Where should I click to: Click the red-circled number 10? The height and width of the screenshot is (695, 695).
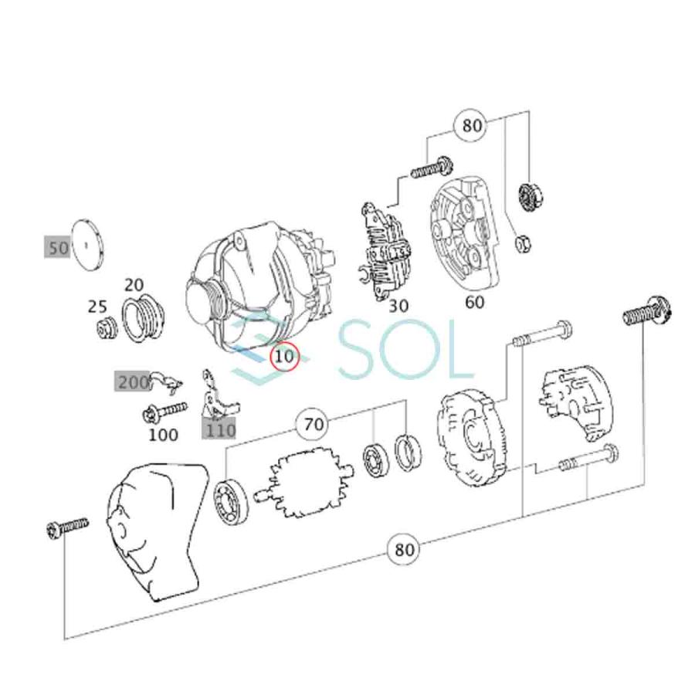point(285,356)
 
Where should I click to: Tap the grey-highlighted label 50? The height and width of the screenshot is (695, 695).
point(58,247)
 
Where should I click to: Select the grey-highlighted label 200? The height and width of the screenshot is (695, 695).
point(133,381)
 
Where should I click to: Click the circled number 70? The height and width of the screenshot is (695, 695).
point(313,423)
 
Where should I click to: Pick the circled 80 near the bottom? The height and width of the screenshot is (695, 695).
point(405,549)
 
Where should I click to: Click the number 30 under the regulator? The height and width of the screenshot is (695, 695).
point(398,306)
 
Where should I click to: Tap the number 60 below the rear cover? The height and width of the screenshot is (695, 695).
point(474,302)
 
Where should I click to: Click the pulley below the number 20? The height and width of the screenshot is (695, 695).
point(143,318)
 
